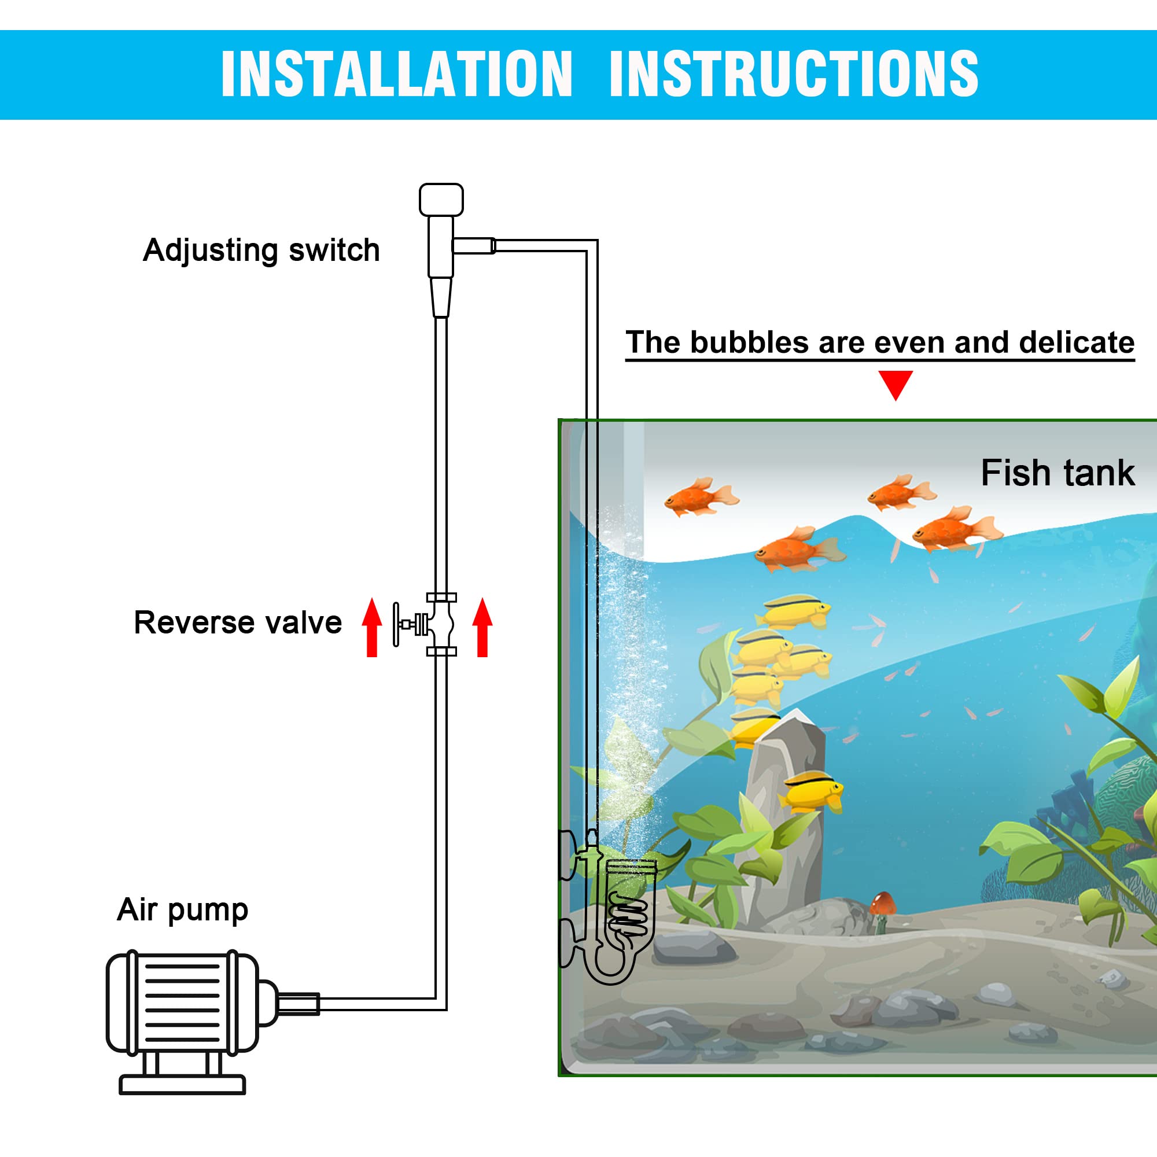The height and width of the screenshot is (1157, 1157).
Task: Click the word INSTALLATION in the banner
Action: click(x=397, y=73)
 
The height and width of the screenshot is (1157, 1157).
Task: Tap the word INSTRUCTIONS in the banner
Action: click(x=794, y=73)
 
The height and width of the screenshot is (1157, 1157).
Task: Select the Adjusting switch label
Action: click(x=261, y=250)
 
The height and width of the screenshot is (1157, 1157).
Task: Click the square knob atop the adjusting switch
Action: click(x=441, y=200)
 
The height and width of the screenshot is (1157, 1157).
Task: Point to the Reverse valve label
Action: click(x=238, y=622)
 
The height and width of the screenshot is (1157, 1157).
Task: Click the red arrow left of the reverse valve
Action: click(x=372, y=627)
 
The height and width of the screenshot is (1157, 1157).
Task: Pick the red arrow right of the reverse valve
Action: click(x=482, y=627)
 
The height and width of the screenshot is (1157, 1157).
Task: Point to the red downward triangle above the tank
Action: click(x=896, y=384)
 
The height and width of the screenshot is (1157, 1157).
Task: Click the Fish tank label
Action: click(x=1057, y=473)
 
